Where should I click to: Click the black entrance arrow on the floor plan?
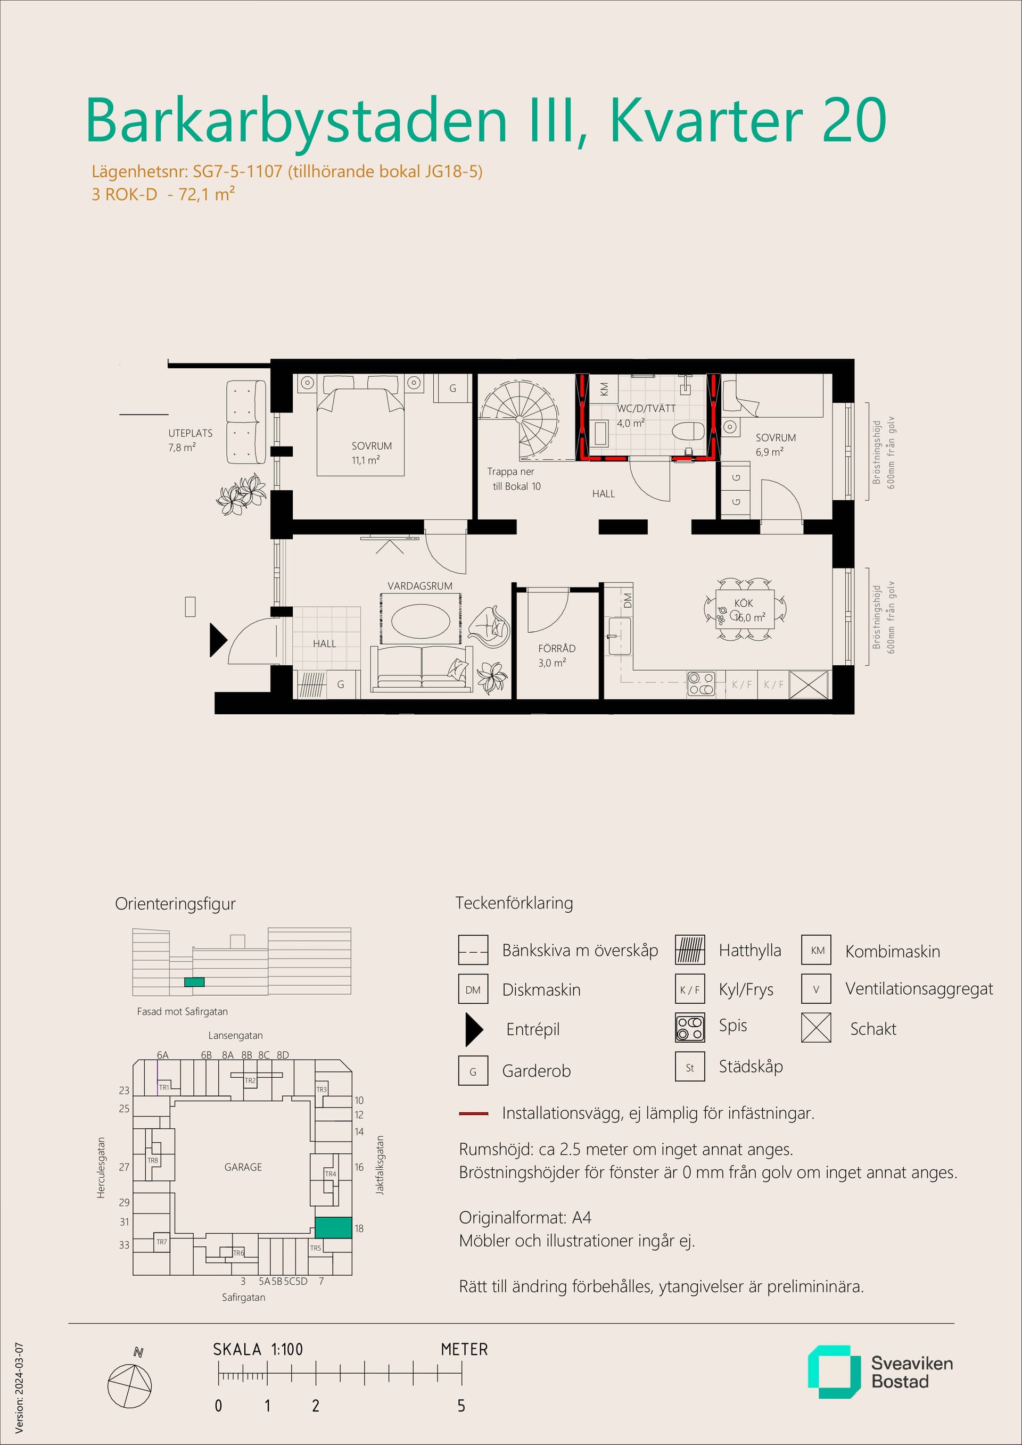click(x=218, y=640)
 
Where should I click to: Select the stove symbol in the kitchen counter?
click(x=701, y=684)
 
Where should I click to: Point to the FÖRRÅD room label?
click(x=556, y=648)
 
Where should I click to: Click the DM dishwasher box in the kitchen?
click(x=627, y=600)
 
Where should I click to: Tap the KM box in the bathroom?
click(x=604, y=390)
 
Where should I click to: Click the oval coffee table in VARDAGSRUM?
click(x=421, y=622)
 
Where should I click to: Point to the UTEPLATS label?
click(x=190, y=433)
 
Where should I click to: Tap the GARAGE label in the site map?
click(x=243, y=1167)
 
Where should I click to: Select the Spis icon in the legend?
click(x=690, y=1028)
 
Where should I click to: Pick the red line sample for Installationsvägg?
click(x=473, y=1113)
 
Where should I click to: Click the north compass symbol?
click(x=130, y=1386)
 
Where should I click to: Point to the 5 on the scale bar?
click(x=461, y=1406)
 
